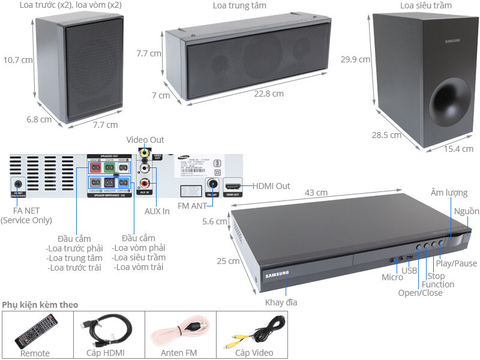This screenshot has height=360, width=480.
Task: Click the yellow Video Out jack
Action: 144,154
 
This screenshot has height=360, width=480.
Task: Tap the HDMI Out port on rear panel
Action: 232,185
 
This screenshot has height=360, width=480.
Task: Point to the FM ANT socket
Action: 212,184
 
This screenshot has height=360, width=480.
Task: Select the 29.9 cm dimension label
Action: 354,60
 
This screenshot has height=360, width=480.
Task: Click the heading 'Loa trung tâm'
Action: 239,5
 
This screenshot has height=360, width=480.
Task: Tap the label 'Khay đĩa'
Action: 281,302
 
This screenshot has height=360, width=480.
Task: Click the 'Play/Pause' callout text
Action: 457,263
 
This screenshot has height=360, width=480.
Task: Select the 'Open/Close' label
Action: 420,293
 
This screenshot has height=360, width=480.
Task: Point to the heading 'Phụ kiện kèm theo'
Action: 40,305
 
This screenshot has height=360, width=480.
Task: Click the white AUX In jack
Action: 145,169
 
